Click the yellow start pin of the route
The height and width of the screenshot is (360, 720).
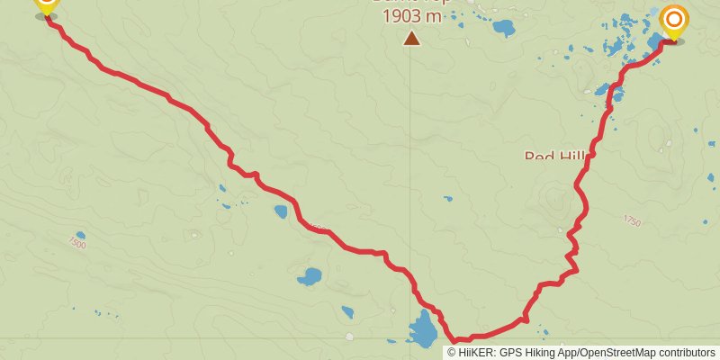46,5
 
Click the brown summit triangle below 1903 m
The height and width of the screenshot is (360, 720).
411,38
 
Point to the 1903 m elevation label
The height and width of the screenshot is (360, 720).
412,16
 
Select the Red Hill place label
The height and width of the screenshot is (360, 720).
553,157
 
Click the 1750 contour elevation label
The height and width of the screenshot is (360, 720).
632,221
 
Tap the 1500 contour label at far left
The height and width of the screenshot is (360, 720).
76,244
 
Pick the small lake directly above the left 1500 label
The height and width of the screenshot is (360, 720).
80,235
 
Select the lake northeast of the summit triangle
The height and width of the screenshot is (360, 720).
502,28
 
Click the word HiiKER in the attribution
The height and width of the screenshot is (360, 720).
478,353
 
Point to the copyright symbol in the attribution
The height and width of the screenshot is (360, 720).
452,353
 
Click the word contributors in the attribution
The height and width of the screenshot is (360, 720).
688,353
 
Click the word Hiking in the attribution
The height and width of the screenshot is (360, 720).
545,353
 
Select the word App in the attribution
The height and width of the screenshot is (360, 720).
573,353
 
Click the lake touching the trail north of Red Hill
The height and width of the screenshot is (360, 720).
602,90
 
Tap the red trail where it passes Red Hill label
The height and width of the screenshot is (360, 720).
592,154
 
